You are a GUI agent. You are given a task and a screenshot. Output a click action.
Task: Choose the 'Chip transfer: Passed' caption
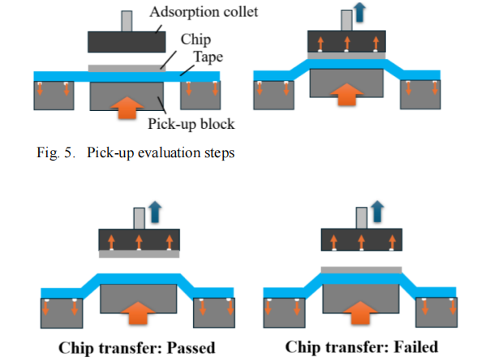click(x=138, y=347)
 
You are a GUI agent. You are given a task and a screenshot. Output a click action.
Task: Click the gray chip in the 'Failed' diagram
click(x=362, y=269)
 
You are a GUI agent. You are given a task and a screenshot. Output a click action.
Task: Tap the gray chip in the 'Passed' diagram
click(x=137, y=253)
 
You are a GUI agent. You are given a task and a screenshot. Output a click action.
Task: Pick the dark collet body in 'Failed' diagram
click(x=362, y=238)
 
